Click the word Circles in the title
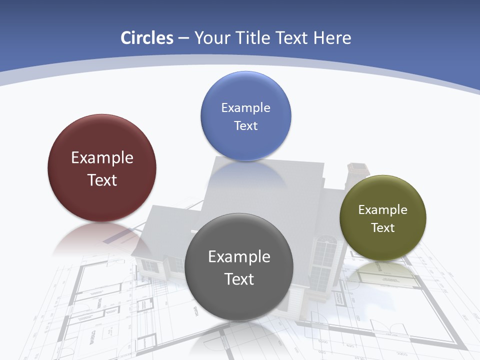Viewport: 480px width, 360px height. tap(147, 38)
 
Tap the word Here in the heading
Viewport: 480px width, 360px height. tap(332, 38)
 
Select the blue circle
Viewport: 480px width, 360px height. tap(245, 90)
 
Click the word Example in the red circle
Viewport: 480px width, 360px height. tap(102, 158)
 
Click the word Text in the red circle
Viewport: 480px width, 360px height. tap(102, 180)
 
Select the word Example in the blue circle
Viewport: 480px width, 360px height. tap(245, 107)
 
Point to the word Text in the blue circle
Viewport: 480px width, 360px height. tap(245, 125)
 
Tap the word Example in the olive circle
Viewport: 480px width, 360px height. tap(383, 210)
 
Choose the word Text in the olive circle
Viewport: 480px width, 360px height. tap(383, 228)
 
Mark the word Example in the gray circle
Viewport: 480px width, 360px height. tap(239, 257)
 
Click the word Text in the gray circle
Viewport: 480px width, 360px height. tap(239, 279)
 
